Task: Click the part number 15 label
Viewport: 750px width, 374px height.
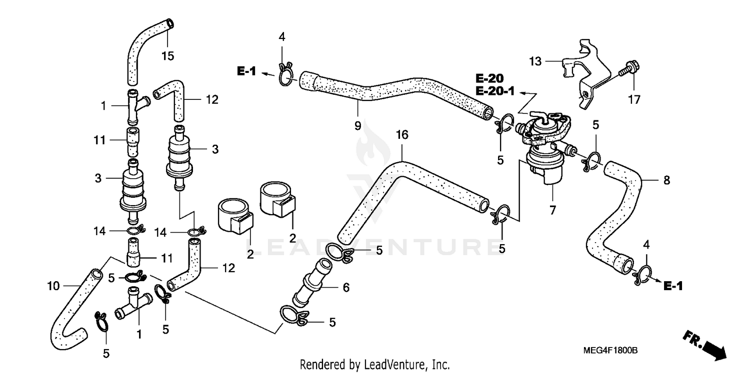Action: (x=167, y=56)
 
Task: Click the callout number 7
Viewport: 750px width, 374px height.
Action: (x=552, y=211)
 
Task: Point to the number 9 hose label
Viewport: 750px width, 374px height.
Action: (x=357, y=126)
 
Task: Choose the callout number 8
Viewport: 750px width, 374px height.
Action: (x=666, y=180)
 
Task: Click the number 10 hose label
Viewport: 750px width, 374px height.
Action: (x=53, y=286)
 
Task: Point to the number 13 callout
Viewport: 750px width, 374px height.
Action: (x=535, y=61)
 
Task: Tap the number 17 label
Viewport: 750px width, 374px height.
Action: (x=634, y=100)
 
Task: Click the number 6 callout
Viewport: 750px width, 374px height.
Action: (x=346, y=288)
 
